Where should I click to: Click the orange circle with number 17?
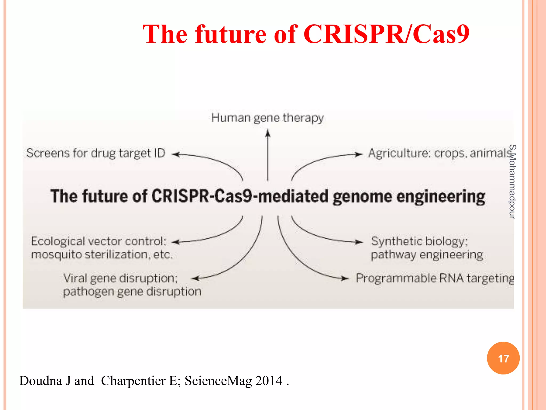(x=503, y=358)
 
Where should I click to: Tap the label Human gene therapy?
(x=267, y=118)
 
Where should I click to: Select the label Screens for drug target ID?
(x=96, y=153)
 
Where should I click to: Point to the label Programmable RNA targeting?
(x=435, y=278)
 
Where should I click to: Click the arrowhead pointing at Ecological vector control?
(x=175, y=242)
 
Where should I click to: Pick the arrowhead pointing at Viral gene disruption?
(x=196, y=278)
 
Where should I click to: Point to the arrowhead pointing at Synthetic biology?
(x=359, y=242)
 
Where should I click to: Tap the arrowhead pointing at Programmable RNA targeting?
(x=345, y=278)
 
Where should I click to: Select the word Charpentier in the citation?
(x=133, y=381)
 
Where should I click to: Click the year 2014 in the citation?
(x=268, y=381)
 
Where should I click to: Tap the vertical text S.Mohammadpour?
(x=512, y=182)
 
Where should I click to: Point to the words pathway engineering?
(x=427, y=255)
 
